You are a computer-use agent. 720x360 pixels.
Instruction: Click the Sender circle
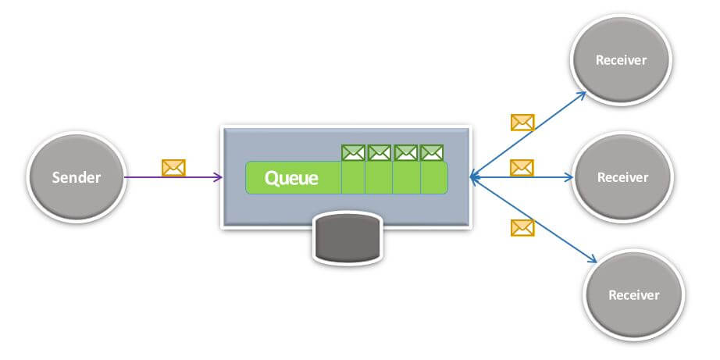coord(76,177)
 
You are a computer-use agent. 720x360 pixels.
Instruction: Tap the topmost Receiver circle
coord(621,60)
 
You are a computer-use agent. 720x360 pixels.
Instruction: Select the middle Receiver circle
coord(622,177)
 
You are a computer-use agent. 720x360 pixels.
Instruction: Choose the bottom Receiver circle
coord(633,294)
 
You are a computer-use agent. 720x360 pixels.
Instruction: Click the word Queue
coord(291,178)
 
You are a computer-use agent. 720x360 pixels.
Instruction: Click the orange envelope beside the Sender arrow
coord(173,167)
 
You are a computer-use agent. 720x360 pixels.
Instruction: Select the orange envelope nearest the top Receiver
coord(522,122)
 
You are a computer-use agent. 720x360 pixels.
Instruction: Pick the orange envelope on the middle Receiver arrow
coord(522,167)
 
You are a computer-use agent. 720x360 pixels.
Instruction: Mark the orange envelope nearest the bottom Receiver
coord(522,227)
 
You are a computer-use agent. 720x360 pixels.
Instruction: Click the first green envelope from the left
coord(354,152)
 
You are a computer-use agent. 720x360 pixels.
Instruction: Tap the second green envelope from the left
coord(379,152)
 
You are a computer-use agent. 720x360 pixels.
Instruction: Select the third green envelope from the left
coord(406,152)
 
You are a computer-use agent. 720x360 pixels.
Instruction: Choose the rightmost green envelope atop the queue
coord(432,152)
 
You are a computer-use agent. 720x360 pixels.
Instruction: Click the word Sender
coord(76,177)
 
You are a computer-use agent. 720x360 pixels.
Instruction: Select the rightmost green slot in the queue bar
coord(433,178)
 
